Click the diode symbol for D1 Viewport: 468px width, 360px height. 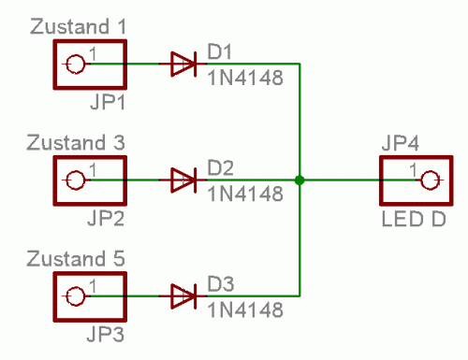pos(183,65)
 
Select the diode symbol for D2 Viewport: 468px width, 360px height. pos(183,180)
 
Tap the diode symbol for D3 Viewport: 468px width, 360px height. pos(183,296)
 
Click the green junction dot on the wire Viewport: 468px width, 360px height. pos(299,180)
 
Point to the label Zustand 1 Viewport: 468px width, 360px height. pos(77,27)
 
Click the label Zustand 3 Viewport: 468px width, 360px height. pos(77,143)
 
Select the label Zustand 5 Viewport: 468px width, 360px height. pos(77,259)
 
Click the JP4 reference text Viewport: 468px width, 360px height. pos(402,143)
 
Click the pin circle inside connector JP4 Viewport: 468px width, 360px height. pos(429,180)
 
